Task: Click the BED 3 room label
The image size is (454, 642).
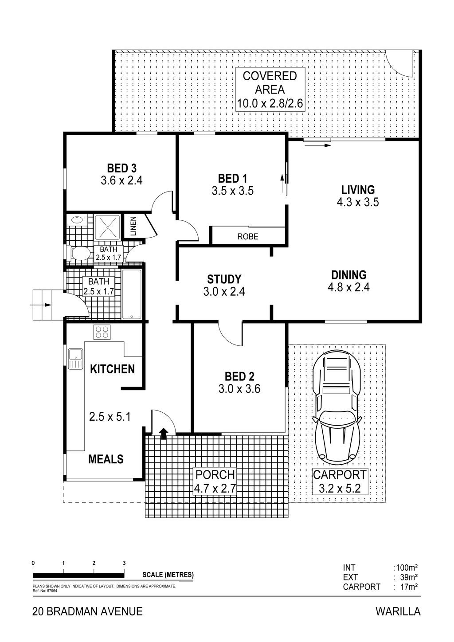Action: coord(121,168)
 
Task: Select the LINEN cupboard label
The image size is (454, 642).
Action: coord(133,226)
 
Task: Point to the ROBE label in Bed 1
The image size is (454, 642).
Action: coord(248,236)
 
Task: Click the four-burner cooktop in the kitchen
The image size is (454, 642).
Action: coord(102,332)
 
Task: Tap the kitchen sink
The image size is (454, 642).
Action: coord(76,359)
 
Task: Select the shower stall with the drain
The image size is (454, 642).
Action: coord(107,227)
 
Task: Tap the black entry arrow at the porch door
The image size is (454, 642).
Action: coord(164,434)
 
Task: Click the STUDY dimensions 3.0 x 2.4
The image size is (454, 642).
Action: coord(224,292)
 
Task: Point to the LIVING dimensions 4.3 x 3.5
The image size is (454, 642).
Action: coord(358,202)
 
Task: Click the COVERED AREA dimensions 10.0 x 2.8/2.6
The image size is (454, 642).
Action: coord(270,103)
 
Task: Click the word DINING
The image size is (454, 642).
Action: coord(349,275)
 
